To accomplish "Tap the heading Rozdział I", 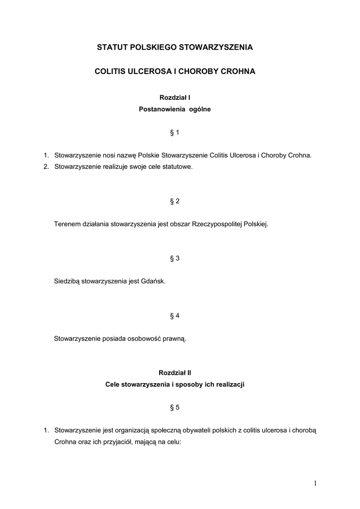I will [175, 98].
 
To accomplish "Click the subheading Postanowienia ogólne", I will [175, 109].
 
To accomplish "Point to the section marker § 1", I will [175, 133].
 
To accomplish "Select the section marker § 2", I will [175, 201].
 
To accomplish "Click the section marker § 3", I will [175, 258].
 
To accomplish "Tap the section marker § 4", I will [175, 316].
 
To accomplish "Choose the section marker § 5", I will [175, 408].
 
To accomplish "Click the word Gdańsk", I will [154, 281].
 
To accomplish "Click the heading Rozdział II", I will [175, 372].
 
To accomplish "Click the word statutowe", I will [178, 167].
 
